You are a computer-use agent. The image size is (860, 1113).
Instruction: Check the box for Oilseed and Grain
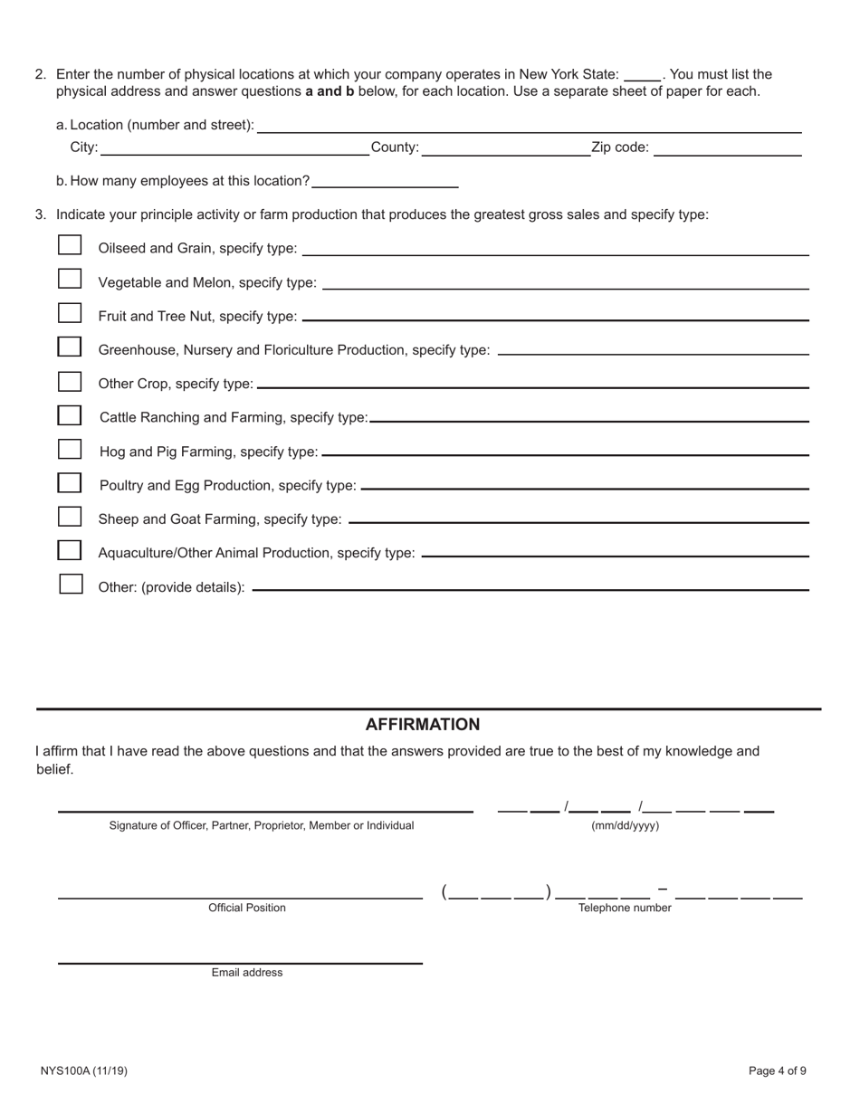(70, 245)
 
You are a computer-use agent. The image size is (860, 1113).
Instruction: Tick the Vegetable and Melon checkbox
(70, 279)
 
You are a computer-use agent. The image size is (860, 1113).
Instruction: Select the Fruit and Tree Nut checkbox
(70, 313)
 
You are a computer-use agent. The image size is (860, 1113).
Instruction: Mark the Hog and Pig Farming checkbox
(70, 449)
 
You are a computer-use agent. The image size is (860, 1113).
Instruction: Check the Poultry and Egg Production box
(70, 482)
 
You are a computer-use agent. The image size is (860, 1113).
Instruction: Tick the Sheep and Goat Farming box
(70, 517)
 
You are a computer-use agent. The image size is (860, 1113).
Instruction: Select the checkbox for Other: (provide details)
(71, 584)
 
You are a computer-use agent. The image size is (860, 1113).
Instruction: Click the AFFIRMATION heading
(423, 725)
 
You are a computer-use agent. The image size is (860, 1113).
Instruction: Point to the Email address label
(247, 973)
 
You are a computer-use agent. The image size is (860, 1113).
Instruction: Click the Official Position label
(247, 908)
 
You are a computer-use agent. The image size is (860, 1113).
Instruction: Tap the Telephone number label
(625, 908)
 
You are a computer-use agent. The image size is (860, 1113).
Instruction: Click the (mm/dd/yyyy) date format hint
(625, 825)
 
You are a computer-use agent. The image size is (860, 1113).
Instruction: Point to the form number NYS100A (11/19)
(84, 1070)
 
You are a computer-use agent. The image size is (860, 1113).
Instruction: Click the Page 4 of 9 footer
(777, 1070)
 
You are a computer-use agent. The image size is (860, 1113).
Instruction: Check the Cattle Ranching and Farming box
(70, 415)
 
